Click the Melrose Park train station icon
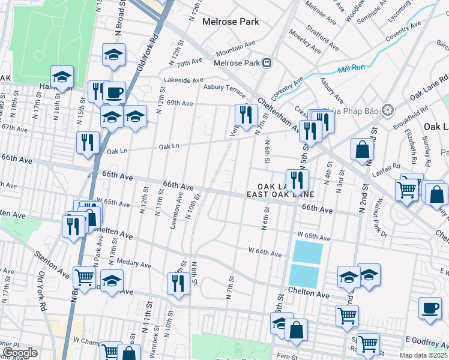(268, 62)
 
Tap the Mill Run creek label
(352, 69)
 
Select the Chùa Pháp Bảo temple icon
(388, 109)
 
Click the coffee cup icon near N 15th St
(113, 93)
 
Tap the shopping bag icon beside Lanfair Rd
(363, 150)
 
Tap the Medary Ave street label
(134, 263)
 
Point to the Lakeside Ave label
(183, 80)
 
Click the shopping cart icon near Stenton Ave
(84, 277)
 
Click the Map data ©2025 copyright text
(423, 355)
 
